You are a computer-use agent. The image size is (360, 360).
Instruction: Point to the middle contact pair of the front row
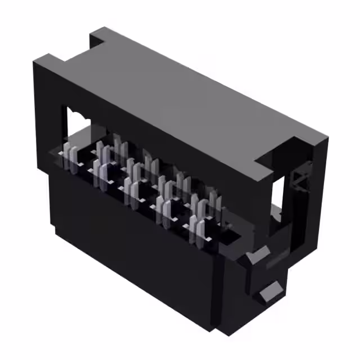pos(133,191)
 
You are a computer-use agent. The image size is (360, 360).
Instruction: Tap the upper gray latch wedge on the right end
pos(256,256)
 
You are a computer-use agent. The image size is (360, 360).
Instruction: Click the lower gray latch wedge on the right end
pos(271,292)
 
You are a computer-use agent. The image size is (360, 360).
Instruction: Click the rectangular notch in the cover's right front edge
pos(264,163)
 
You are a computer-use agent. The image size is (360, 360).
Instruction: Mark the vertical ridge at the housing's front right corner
pos(225,292)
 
